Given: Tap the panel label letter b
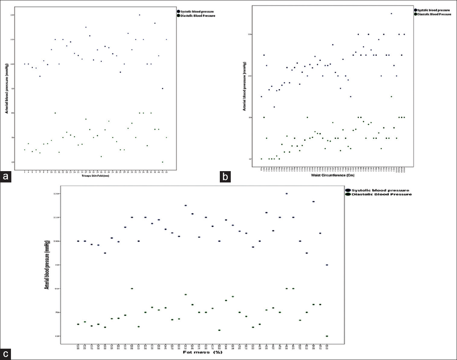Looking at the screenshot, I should [x=225, y=176].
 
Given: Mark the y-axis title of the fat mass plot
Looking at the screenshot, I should [x=48, y=264].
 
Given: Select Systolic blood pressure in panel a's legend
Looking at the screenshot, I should [x=197, y=12].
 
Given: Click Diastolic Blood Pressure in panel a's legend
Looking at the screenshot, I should [x=198, y=16].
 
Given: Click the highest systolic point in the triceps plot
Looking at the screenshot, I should [x=139, y=15].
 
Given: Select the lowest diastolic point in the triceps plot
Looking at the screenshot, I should [x=162, y=162].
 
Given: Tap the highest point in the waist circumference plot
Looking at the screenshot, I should [x=391, y=14].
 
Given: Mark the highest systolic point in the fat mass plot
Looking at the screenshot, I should [x=287, y=193].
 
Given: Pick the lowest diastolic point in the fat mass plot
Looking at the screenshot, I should [x=327, y=336].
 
